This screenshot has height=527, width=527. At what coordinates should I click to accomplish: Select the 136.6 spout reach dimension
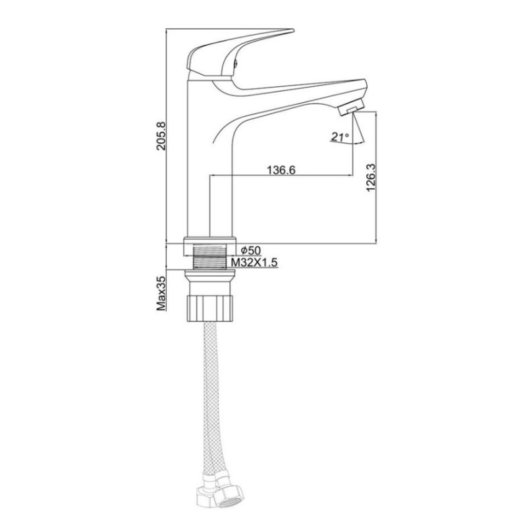click(280, 170)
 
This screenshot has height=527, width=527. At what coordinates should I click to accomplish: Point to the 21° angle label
click(341, 137)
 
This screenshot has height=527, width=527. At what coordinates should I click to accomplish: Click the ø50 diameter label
click(252, 250)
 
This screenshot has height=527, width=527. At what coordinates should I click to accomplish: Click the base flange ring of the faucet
click(209, 240)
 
